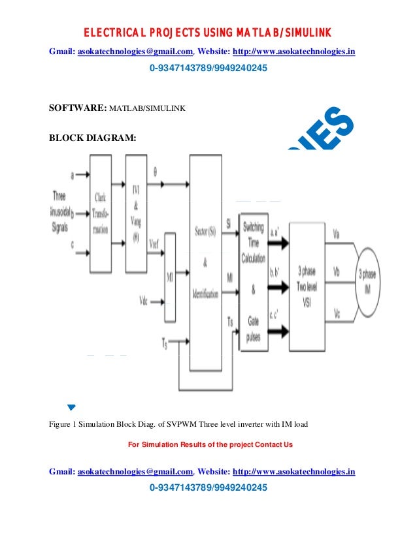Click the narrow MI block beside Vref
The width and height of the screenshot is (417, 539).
(x=169, y=278)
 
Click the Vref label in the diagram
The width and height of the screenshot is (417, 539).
(x=156, y=243)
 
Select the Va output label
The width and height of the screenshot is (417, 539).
(x=337, y=232)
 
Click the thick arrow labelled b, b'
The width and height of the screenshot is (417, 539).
(x=276, y=285)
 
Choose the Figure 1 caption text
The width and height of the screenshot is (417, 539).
(x=178, y=425)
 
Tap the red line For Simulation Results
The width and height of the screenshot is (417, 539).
(x=210, y=444)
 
